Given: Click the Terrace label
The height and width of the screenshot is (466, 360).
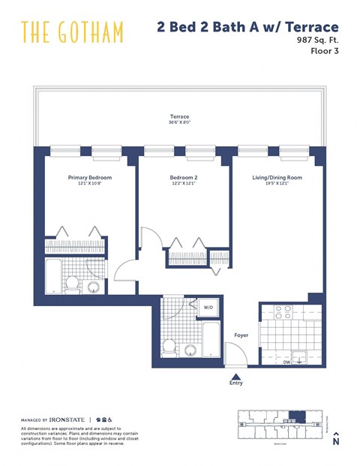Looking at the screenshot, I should [178, 117].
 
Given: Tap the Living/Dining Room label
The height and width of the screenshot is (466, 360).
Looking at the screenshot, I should [277, 178].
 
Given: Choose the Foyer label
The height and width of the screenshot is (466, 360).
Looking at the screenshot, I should [241, 335].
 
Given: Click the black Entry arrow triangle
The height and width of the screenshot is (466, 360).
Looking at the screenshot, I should [237, 377].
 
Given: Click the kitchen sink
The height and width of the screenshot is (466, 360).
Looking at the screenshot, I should [300, 356].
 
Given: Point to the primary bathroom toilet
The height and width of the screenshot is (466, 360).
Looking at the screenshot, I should [73, 283].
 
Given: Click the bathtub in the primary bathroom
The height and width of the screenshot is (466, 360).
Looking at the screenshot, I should [54, 278].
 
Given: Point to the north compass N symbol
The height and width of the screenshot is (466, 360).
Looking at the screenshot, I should [336, 441].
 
